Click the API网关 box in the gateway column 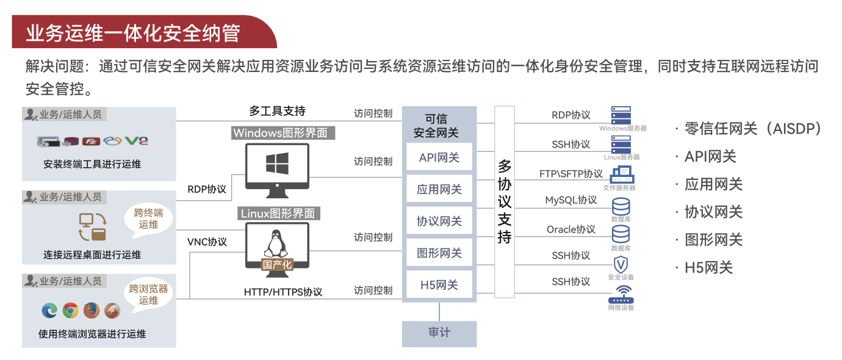tap(439, 157)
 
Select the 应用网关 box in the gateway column tap(439, 190)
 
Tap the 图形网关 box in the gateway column tap(439, 253)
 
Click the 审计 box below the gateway tap(439, 333)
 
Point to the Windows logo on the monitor tap(277, 164)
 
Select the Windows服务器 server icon tap(621, 115)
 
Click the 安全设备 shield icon tap(621, 265)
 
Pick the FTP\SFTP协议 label tap(570, 174)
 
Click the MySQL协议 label tap(570, 200)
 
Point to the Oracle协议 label tap(570, 229)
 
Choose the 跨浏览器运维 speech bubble tap(148, 294)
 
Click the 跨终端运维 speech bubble tap(148, 218)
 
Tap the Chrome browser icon tap(70, 311)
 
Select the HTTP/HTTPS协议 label tap(283, 292)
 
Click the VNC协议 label tap(207, 242)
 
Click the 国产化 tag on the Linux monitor tap(277, 265)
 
